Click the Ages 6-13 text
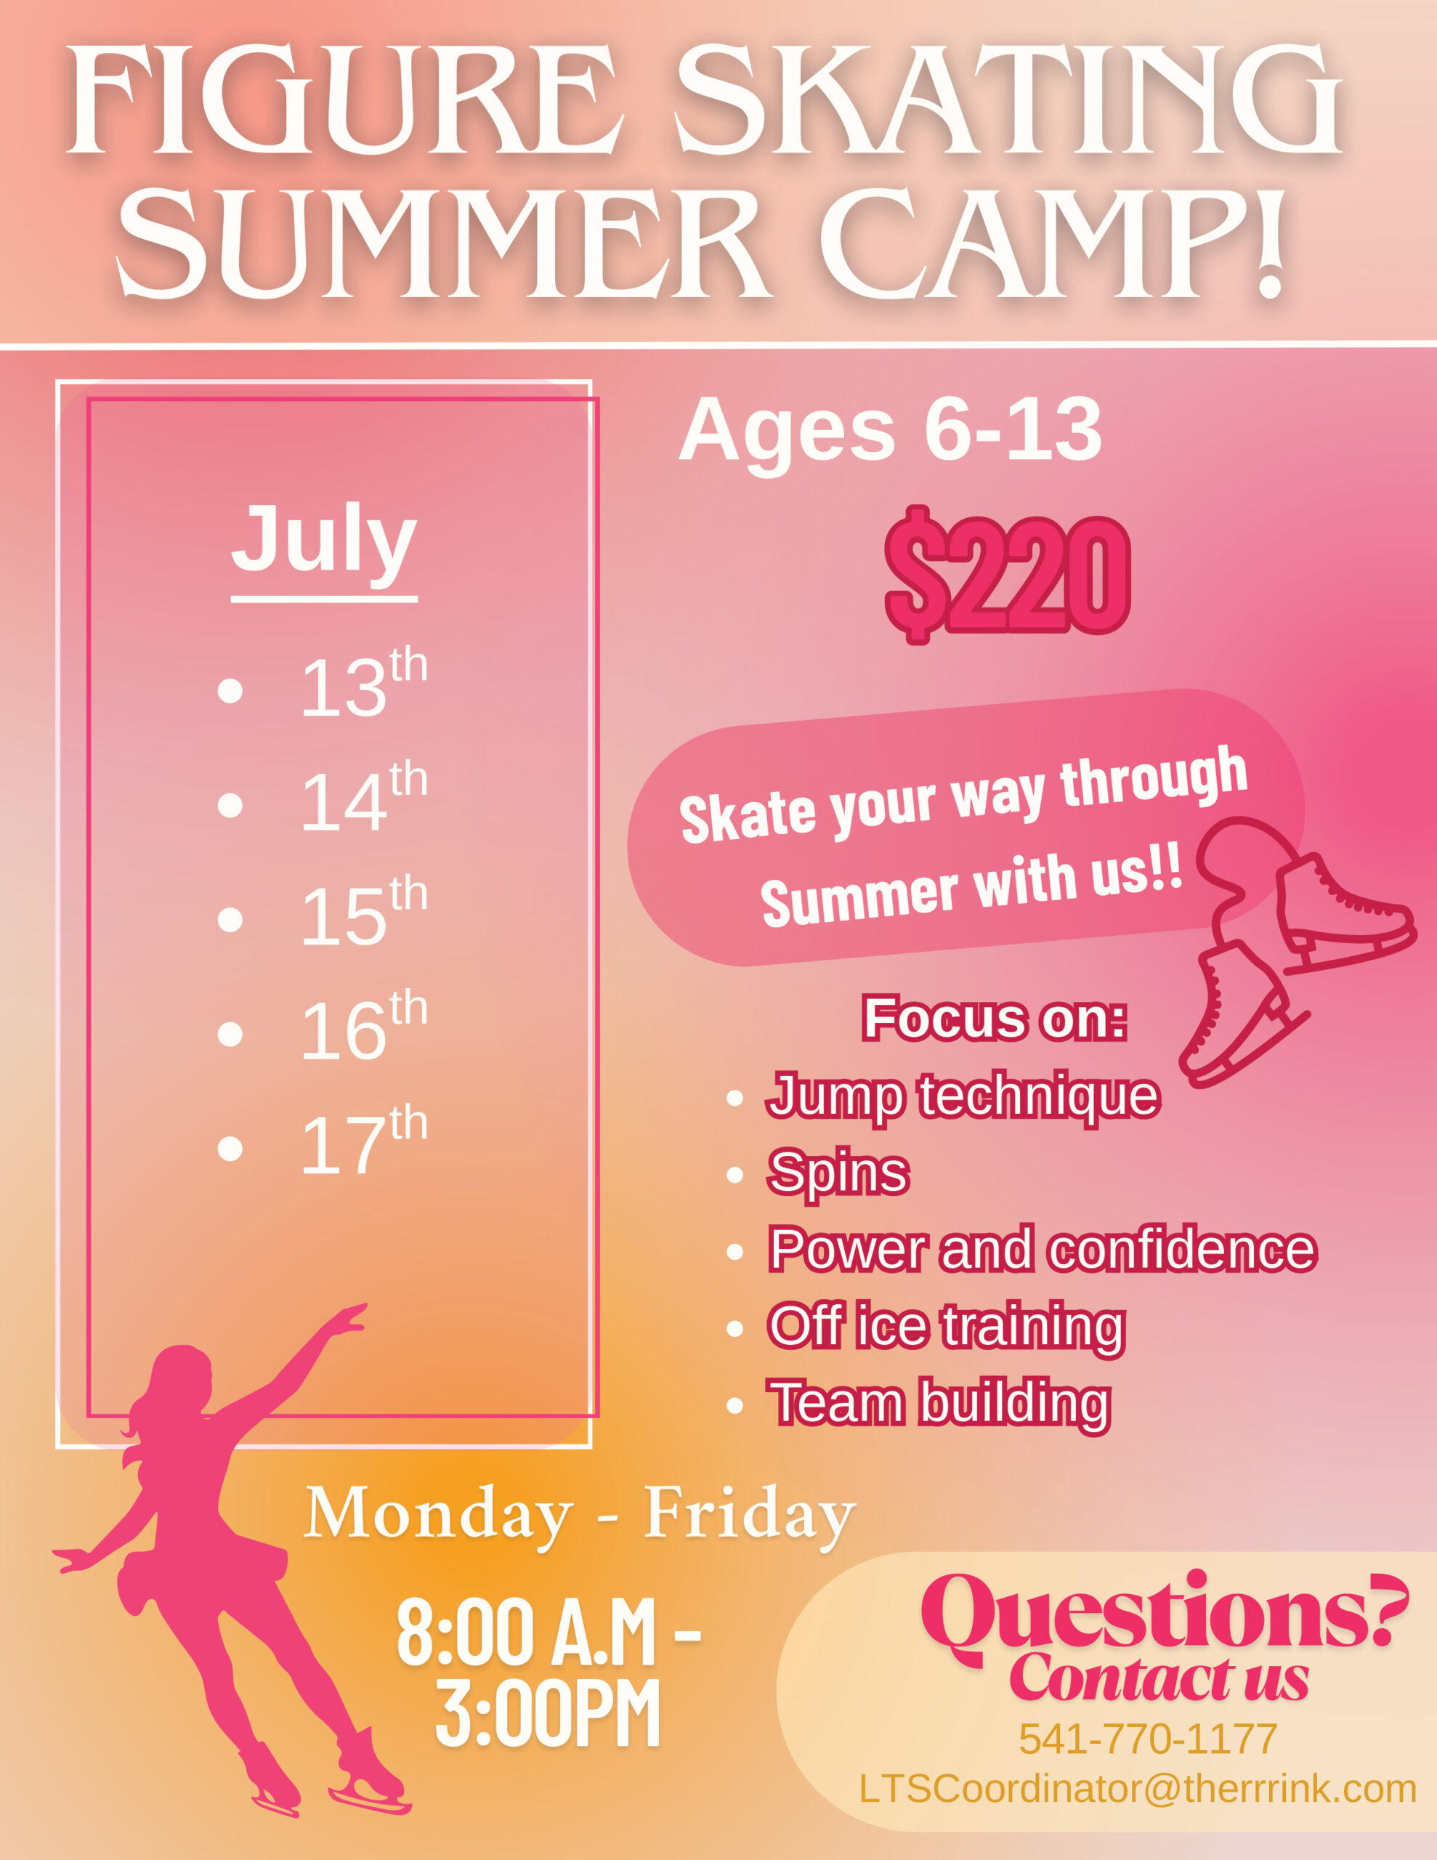(x=890, y=431)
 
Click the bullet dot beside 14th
(x=230, y=805)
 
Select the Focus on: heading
(x=994, y=1018)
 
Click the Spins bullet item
(x=839, y=1173)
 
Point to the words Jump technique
(x=963, y=1097)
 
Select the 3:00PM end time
(x=548, y=1713)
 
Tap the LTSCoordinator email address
(x=1138, y=1789)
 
